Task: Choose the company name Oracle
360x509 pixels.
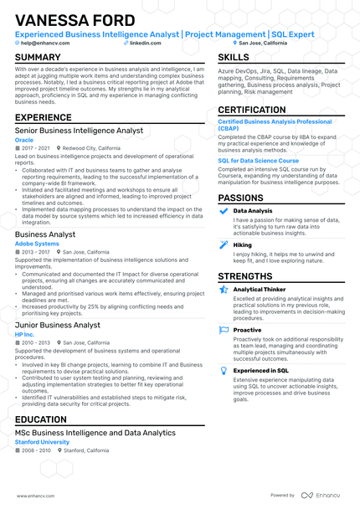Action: coord(24,140)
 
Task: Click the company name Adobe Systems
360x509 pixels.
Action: coord(37,244)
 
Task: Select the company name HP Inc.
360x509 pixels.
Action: coord(25,334)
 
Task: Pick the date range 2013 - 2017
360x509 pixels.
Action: coord(36,251)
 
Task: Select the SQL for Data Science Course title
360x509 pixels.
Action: coord(258,160)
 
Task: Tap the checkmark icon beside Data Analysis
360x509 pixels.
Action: coord(224,211)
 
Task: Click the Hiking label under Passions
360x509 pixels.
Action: coord(243,244)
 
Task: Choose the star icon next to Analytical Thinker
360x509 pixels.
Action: coord(224,290)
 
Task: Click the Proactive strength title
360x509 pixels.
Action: coord(247,330)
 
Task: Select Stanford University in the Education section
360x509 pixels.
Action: coord(42,442)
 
